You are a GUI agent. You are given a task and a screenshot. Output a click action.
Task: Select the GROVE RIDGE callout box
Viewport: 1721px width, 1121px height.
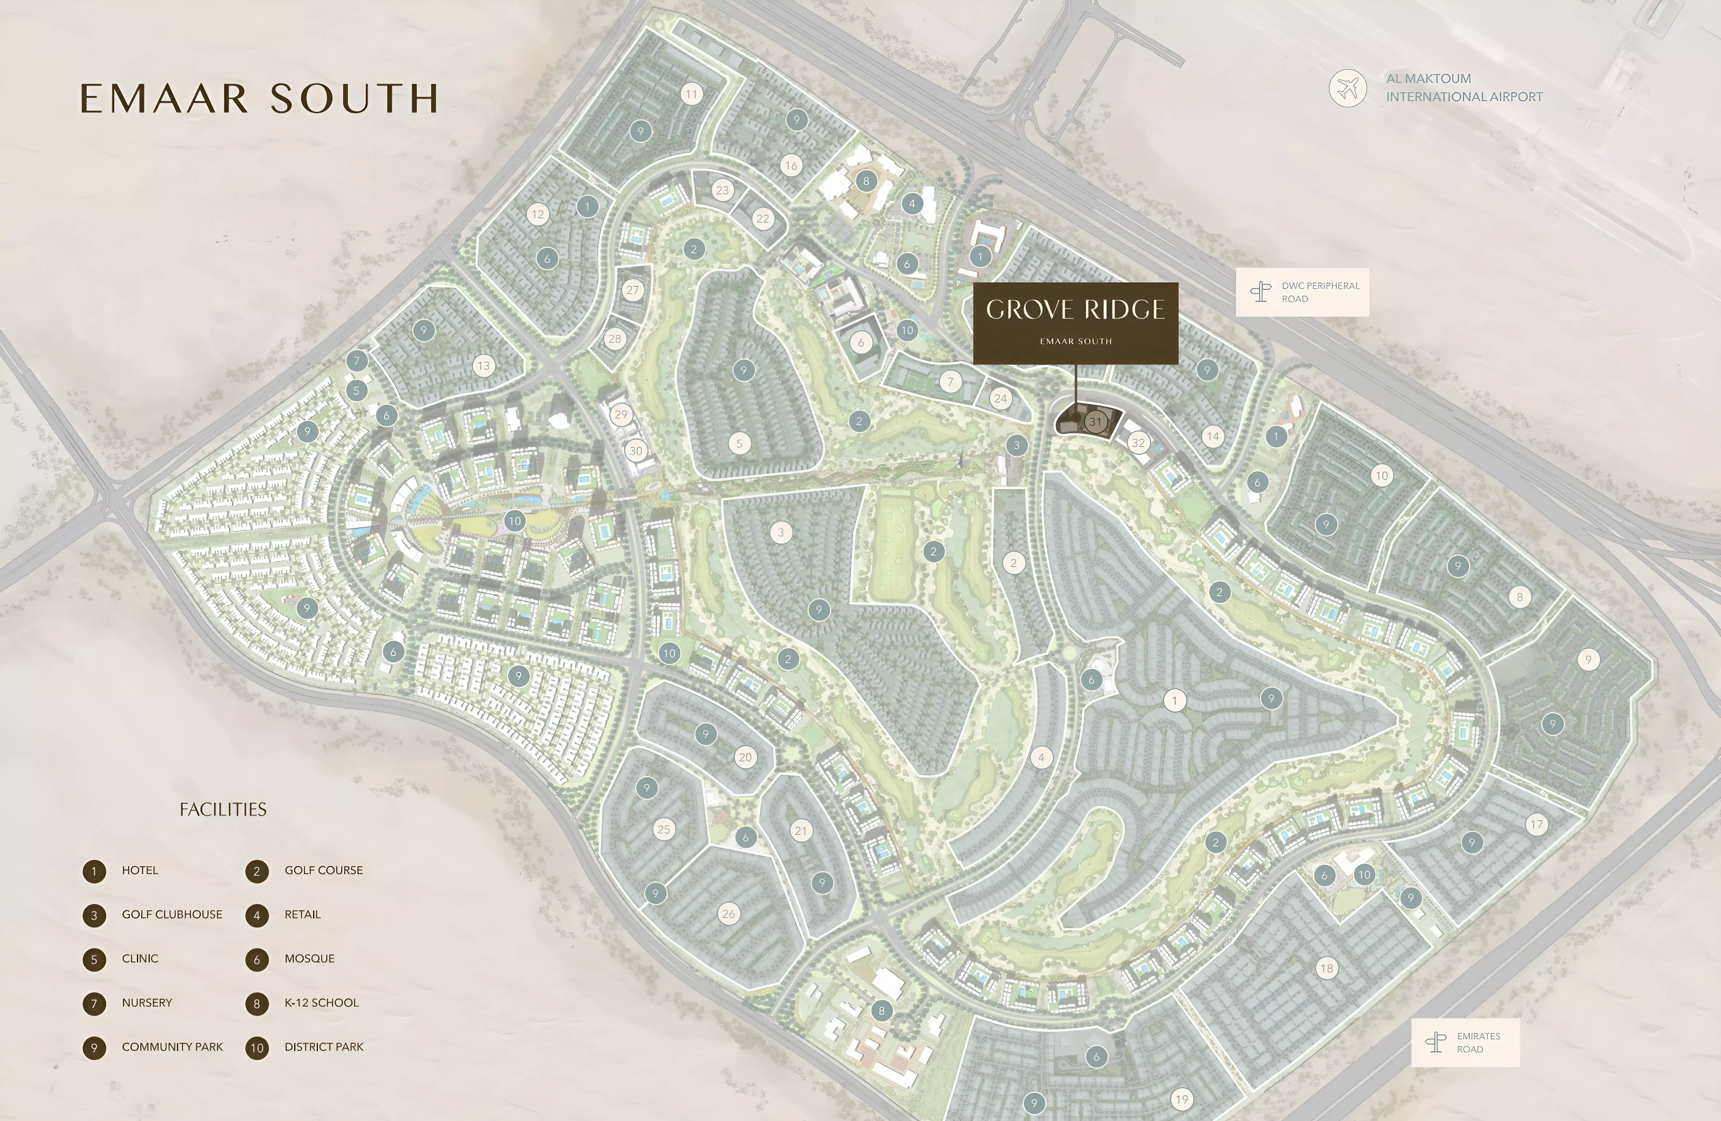pos(1075,322)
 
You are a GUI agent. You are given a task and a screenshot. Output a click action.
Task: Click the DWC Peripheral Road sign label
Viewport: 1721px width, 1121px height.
pos(1302,292)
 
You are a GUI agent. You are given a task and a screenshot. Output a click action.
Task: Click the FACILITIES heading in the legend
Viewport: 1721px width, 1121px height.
pos(223,809)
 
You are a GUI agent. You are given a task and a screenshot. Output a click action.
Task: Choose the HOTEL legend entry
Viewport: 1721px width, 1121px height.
pos(139,870)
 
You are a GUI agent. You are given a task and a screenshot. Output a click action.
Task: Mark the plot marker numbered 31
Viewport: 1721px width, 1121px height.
pos(1096,421)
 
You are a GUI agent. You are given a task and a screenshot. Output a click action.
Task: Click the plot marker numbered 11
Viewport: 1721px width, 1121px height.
pos(692,94)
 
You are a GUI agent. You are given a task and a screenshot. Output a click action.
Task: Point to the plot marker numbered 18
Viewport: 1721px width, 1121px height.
pos(1326,969)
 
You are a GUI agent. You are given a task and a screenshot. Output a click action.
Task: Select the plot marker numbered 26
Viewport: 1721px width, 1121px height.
pos(728,914)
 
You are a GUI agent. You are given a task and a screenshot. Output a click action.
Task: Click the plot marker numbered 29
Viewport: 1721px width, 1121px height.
pos(620,415)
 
